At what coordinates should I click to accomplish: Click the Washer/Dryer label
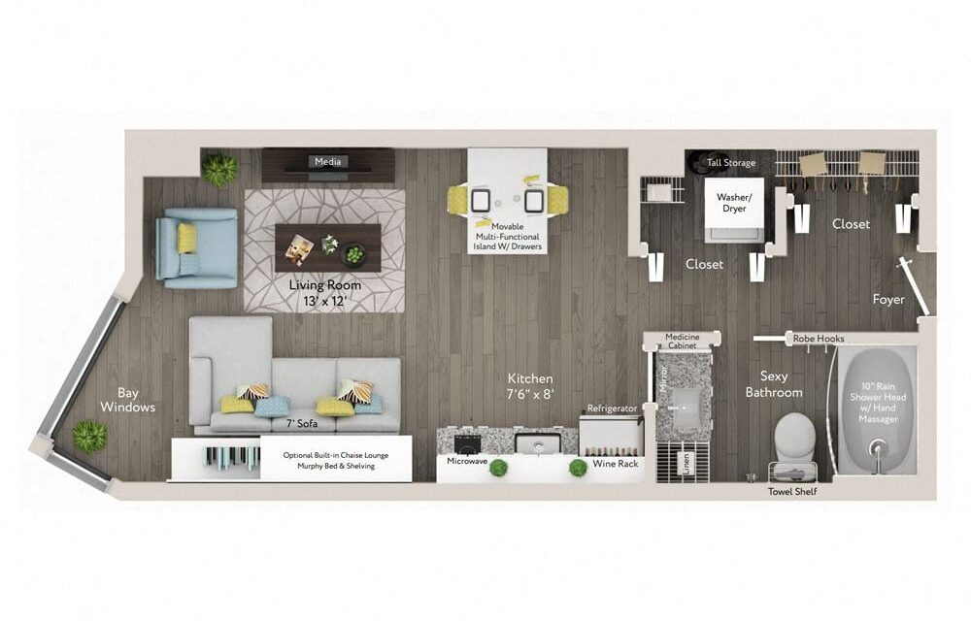[734, 203]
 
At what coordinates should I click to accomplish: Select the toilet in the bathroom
[794, 438]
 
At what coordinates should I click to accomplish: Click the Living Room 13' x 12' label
[324, 293]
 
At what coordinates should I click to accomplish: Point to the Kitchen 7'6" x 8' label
[530, 386]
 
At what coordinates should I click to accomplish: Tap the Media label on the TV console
[327, 161]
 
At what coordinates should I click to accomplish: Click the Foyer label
[888, 300]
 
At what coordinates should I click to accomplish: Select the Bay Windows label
[127, 400]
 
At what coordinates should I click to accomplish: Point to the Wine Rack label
[615, 463]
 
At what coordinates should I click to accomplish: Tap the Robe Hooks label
[818, 339]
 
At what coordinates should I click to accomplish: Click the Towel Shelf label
[792, 492]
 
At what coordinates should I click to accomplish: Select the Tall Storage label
[731, 163]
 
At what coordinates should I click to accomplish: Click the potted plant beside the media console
[219, 170]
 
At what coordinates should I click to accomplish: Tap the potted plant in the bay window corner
[90, 436]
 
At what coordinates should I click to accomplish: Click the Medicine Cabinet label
[683, 341]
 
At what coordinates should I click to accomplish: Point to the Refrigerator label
[612, 409]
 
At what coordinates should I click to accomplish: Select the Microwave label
[467, 462]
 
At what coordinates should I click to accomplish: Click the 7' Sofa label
[302, 424]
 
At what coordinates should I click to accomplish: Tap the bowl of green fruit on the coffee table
[353, 254]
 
